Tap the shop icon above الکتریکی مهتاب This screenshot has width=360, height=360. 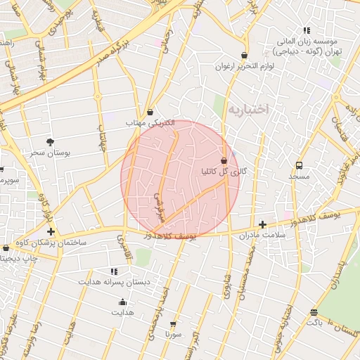pos(150,112)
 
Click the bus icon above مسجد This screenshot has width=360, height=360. pos(300,166)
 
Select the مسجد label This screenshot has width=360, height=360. pos(299,176)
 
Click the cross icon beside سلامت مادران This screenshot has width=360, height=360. pos(262,225)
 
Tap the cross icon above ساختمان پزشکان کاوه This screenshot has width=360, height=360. pos(51,231)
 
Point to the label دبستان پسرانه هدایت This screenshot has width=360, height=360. pos(114,282)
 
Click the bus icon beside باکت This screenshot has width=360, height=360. pos(314,312)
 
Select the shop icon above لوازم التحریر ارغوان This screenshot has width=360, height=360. pos(244,56)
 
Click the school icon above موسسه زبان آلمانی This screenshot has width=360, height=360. pos(306,30)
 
